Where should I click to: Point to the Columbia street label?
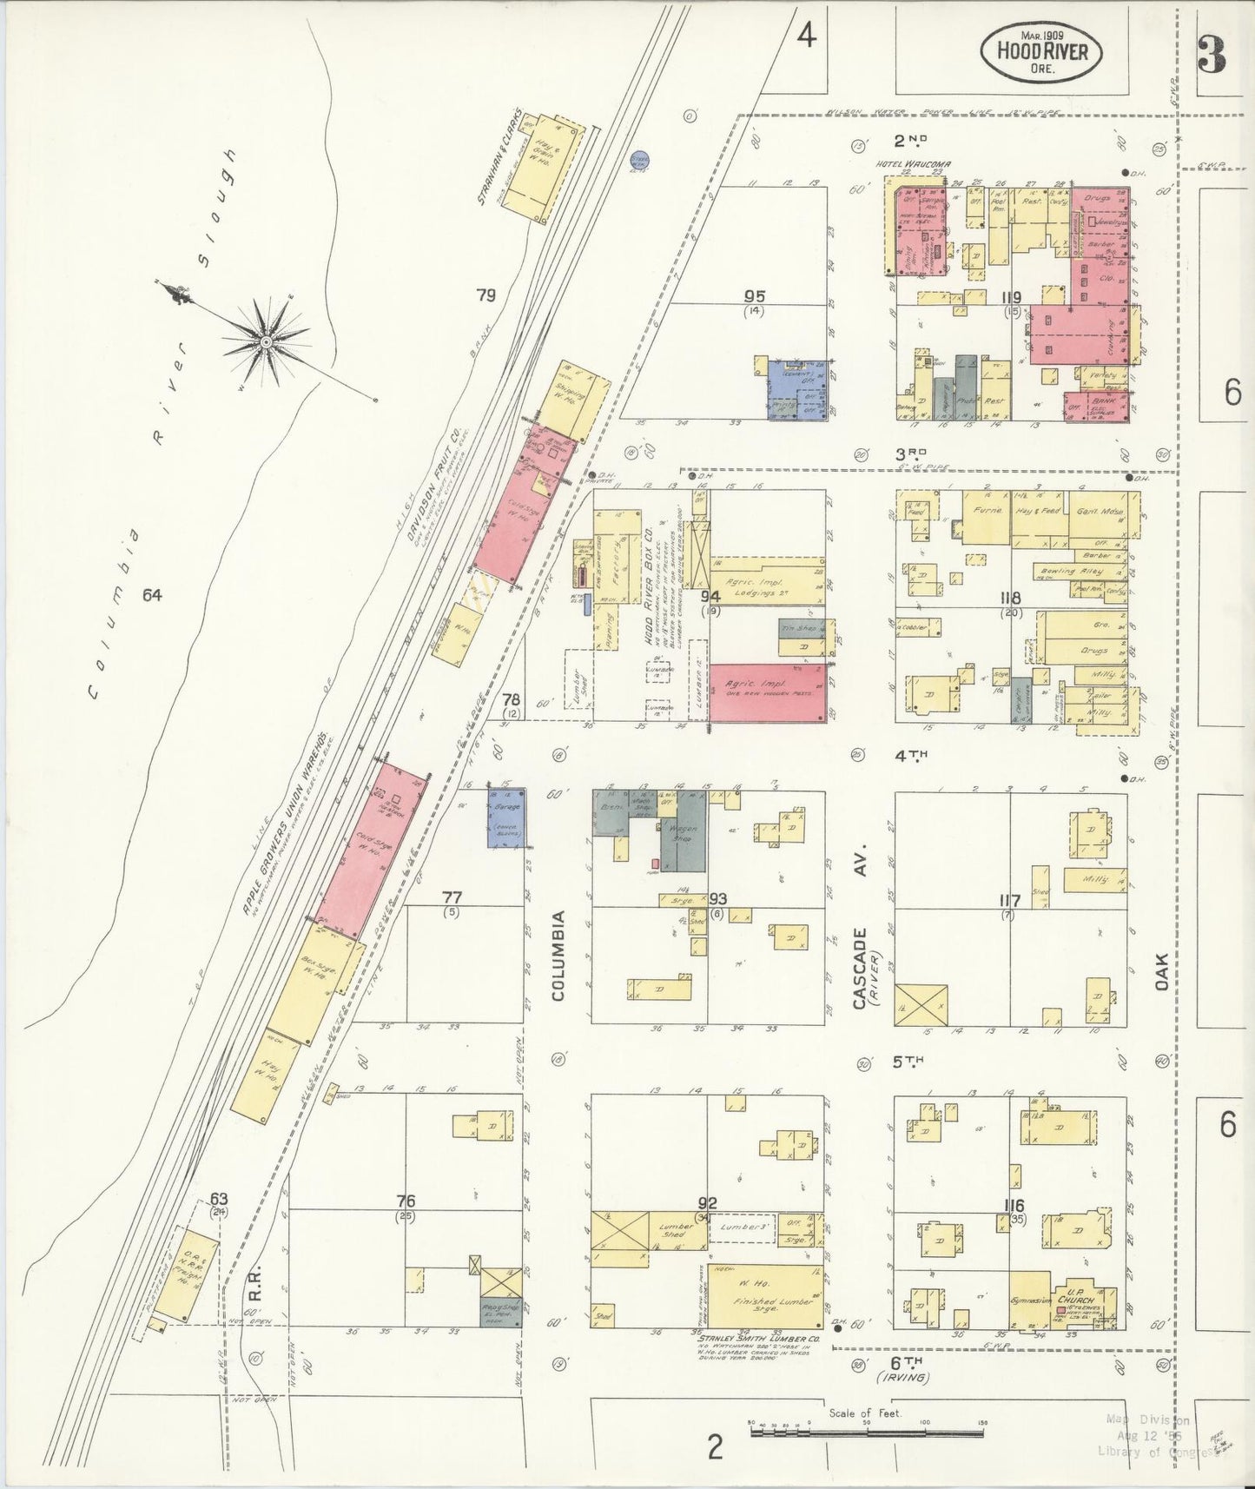558,955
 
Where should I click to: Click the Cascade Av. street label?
860,969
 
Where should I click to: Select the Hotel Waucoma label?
902,164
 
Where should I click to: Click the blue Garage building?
504,817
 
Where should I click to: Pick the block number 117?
1009,900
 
